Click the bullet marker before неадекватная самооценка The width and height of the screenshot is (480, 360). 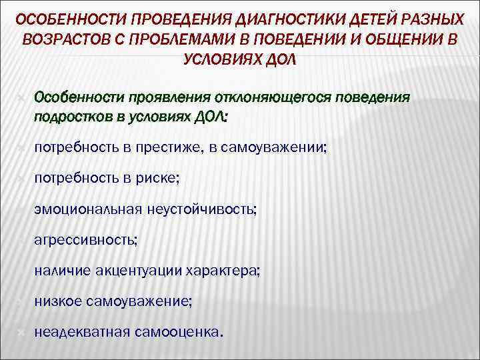click(21, 331)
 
